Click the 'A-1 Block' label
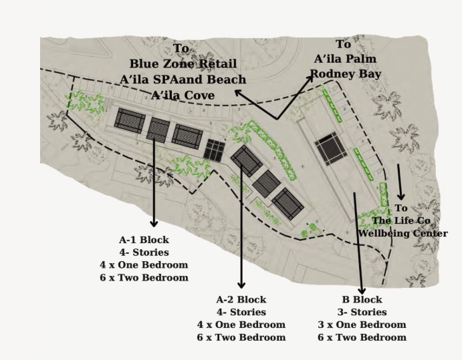click(144, 240)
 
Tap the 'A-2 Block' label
click(241, 299)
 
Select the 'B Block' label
click(362, 299)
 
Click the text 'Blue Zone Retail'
click(183, 64)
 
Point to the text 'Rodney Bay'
click(345, 73)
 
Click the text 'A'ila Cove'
click(183, 96)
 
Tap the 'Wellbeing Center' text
click(402, 233)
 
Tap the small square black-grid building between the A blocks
click(214, 150)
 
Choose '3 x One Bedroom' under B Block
click(362, 325)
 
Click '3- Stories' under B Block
click(362, 312)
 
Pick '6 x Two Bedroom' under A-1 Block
click(144, 277)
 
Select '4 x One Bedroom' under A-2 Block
click(241, 325)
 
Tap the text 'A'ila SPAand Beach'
click(183, 79)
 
